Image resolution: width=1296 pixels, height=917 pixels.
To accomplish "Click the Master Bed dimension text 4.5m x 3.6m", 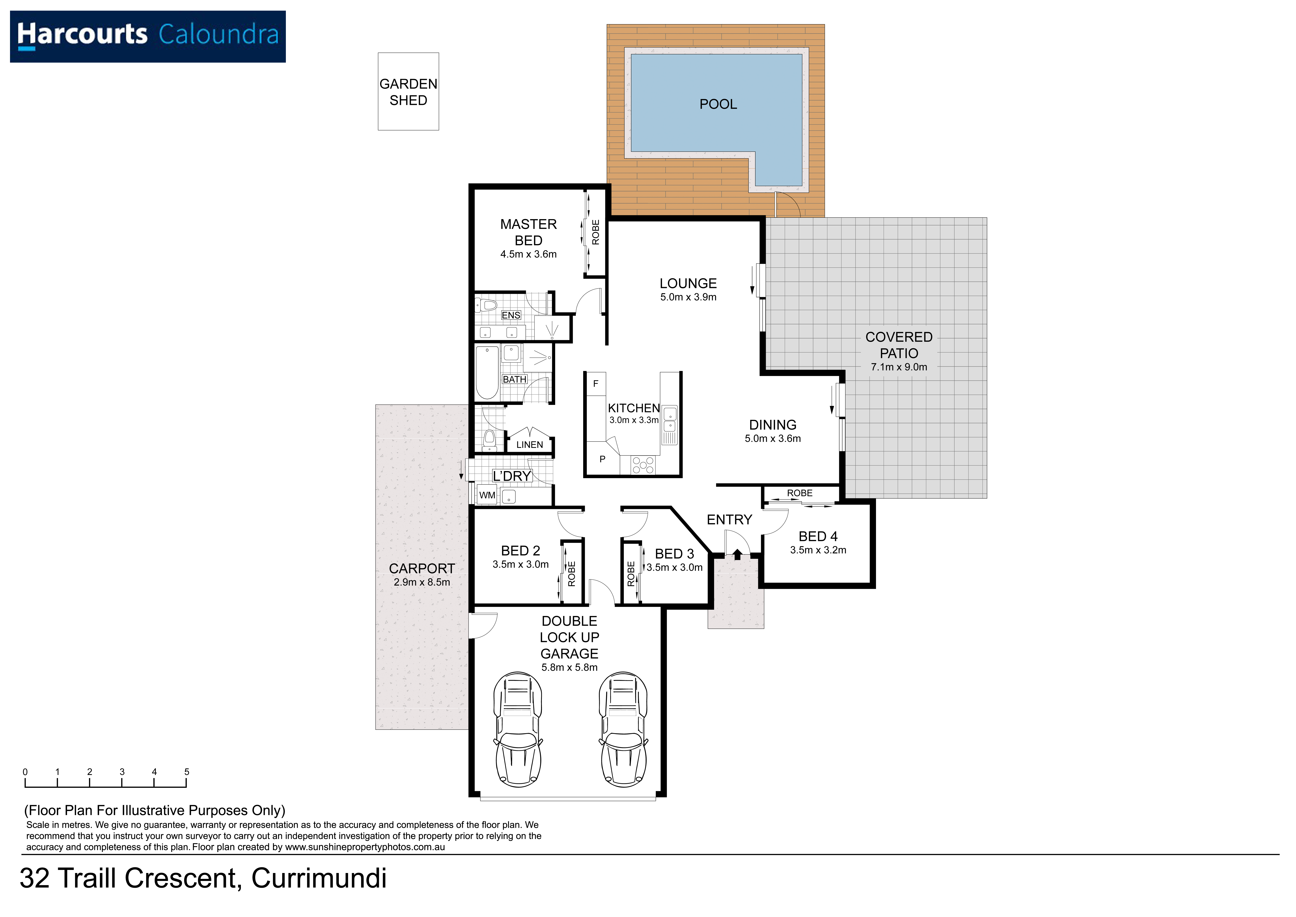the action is [x=528, y=255].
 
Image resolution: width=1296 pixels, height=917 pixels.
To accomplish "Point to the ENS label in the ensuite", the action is [x=511, y=315].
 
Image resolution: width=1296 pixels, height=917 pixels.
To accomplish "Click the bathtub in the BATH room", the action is [x=487, y=373].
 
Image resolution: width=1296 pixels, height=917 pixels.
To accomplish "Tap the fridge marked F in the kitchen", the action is [x=595, y=384].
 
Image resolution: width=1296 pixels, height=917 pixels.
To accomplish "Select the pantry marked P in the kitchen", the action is [x=602, y=459].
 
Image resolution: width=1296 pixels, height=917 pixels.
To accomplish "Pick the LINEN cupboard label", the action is [x=529, y=445].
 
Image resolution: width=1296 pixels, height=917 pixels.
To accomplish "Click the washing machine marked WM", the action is [x=487, y=495].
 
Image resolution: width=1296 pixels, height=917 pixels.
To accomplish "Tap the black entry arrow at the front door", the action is [x=737, y=554].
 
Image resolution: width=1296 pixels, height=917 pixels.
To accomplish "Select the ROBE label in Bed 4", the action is [x=800, y=493].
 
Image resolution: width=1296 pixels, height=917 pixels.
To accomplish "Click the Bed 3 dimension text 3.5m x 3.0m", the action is [x=675, y=568].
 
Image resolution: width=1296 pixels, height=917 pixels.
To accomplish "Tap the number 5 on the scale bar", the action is [x=187, y=772].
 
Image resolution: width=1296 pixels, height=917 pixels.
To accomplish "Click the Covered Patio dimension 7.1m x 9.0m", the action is [x=899, y=367].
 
